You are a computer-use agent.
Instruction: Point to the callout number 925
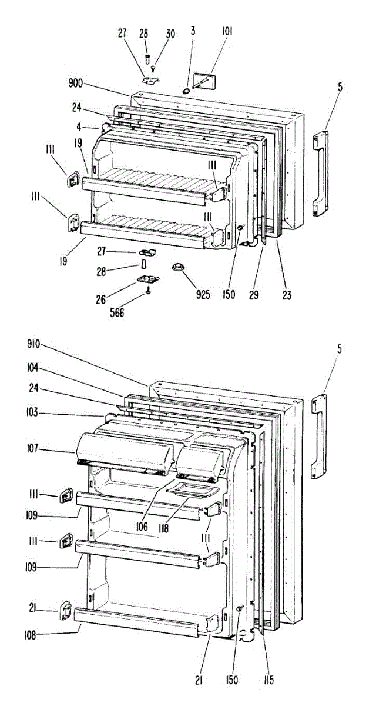point(203,294)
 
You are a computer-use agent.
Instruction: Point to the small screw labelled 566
point(149,290)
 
